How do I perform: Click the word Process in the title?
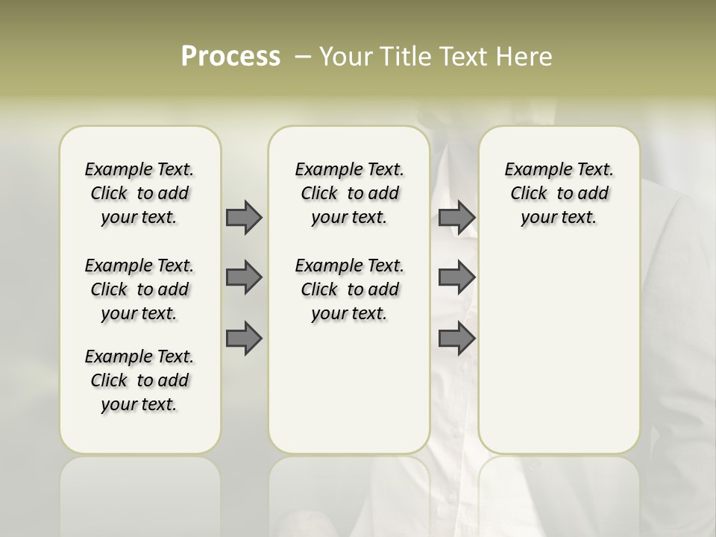click(230, 57)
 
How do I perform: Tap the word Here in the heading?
click(525, 57)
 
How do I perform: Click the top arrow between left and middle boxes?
click(244, 217)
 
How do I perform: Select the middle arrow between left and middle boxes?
click(244, 277)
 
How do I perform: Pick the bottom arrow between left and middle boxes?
click(244, 339)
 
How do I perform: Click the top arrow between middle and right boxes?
click(456, 217)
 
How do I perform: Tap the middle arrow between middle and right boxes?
click(456, 277)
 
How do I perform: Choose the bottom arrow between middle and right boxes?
click(456, 339)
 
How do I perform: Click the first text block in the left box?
click(139, 193)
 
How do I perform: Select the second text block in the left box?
click(139, 289)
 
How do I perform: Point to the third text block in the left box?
click(139, 380)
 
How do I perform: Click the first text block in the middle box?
click(349, 193)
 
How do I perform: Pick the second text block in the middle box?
click(349, 289)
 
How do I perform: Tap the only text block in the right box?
click(559, 193)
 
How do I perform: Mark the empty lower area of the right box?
click(559, 343)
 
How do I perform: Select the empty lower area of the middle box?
click(349, 388)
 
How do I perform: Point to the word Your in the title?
click(345, 57)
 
